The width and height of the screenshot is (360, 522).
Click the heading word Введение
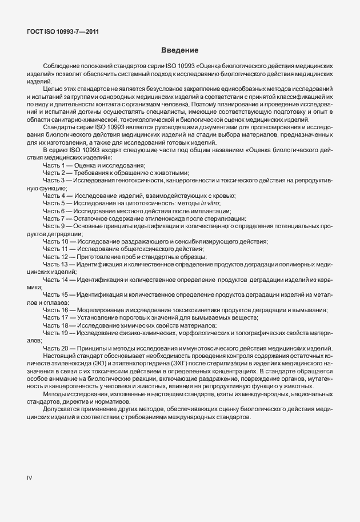(x=180, y=51)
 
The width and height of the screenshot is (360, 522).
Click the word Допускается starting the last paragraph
(x=63, y=411)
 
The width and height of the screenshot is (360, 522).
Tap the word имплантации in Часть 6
(x=211, y=211)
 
